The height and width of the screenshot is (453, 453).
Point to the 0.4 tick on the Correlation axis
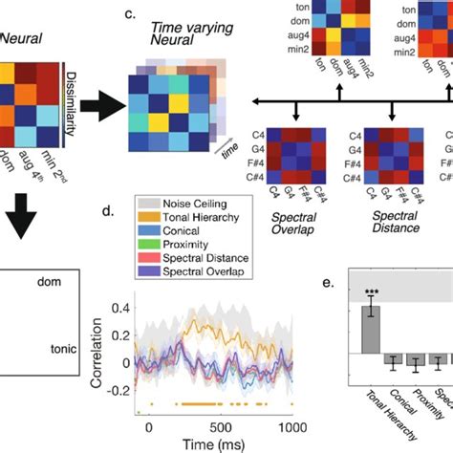click(122, 309)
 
